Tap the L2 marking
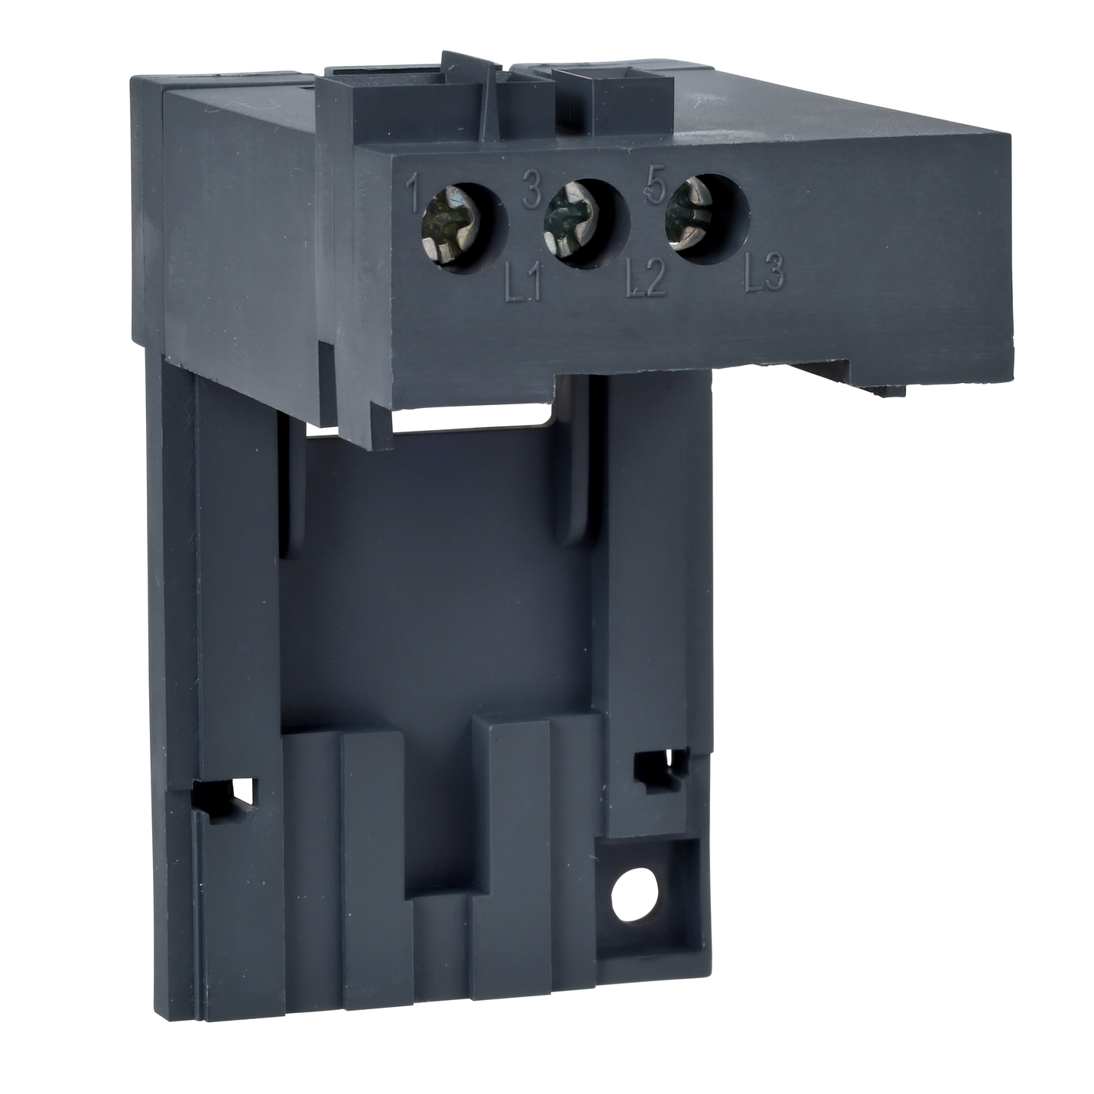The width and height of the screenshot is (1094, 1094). (645, 282)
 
